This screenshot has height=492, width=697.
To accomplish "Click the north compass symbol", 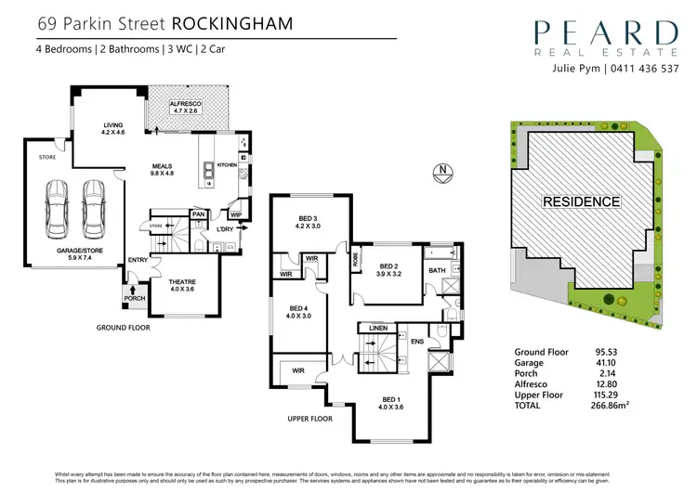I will [x=443, y=170].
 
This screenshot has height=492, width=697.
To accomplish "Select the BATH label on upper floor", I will [x=437, y=271].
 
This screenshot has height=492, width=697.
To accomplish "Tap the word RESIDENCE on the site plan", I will [x=581, y=201].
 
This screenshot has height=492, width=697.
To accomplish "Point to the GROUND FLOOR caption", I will [x=127, y=328].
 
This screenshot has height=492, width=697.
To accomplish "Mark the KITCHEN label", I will [x=228, y=165].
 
